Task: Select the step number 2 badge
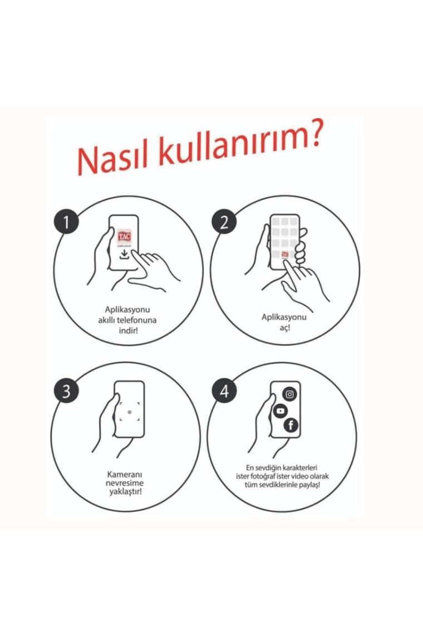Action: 224,222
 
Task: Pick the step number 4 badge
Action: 224,392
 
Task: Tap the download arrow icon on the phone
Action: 124,255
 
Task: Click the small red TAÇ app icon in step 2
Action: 285,255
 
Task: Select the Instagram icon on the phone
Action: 290,394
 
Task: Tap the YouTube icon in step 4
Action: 280,411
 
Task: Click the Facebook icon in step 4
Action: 291,425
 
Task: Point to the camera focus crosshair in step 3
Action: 129,412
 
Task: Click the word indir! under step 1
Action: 128,330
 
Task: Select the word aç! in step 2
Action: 285,327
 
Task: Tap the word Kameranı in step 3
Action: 125,474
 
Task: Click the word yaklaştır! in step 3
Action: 125,492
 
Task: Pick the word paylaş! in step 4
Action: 309,485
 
